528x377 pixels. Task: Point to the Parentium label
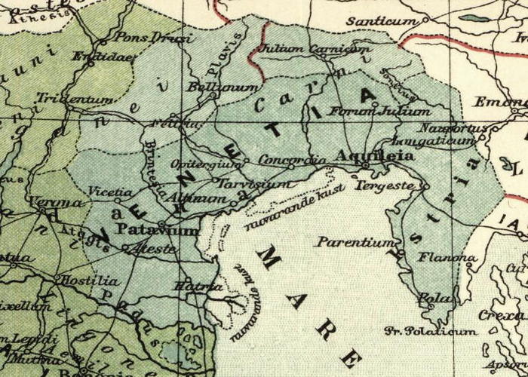pos(355,243)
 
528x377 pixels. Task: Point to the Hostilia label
pos(92,280)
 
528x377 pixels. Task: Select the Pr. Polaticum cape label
pos(431,331)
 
